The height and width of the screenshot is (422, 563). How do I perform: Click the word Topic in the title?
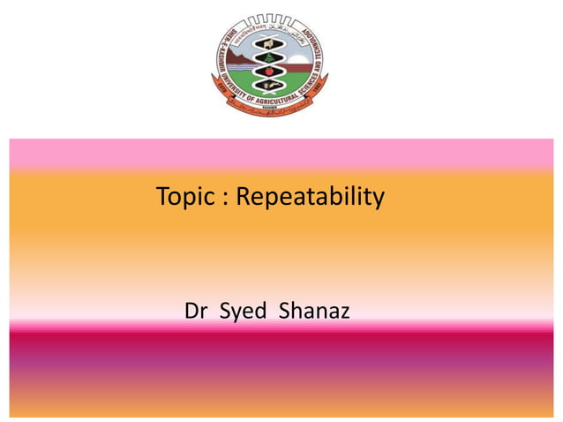pyautogui.click(x=183, y=197)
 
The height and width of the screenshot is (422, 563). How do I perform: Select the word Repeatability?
pyautogui.click(x=312, y=198)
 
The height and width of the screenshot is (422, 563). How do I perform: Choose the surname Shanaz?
pyautogui.click(x=314, y=312)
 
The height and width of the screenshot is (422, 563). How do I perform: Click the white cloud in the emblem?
pyautogui.click(x=295, y=55)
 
